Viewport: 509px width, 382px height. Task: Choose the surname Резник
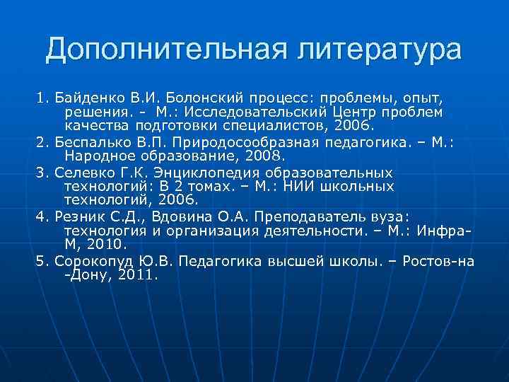[x=79, y=216]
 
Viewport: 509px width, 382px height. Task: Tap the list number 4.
[x=40, y=216]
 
